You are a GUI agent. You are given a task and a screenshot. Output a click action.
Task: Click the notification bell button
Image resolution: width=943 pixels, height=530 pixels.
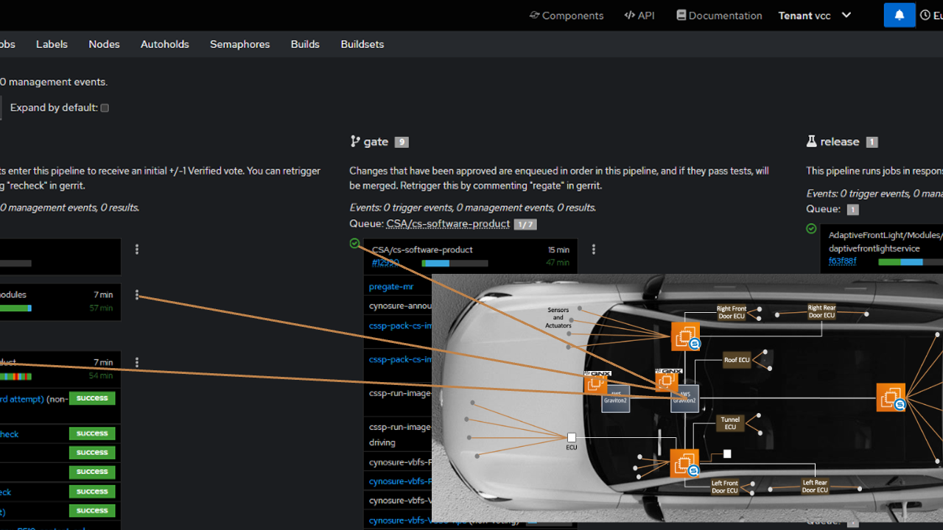[x=899, y=15]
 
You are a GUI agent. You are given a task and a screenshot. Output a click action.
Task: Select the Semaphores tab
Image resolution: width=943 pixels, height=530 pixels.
[x=239, y=44]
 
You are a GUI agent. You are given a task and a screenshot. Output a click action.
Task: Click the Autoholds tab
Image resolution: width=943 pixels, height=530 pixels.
[x=165, y=44]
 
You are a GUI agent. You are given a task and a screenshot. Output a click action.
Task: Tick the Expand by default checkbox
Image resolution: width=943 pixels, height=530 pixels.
[x=105, y=108]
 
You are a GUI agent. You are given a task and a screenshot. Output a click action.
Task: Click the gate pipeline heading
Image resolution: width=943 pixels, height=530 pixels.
[x=376, y=141]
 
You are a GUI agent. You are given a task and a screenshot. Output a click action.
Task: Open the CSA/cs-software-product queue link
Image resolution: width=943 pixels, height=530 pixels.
[x=448, y=224]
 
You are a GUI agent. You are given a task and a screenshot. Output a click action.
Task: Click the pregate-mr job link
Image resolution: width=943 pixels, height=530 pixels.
[x=391, y=286]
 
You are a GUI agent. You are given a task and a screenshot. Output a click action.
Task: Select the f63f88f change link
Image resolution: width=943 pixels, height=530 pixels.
[x=842, y=261]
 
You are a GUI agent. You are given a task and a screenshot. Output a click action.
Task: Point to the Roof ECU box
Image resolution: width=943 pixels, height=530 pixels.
[x=737, y=360]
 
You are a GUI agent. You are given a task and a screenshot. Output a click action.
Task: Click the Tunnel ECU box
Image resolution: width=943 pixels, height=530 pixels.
[x=730, y=423]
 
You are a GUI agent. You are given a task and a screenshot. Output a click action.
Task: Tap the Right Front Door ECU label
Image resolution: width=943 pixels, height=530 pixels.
[x=732, y=312]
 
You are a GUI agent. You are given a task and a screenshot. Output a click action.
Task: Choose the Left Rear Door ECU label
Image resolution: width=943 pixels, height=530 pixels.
[x=815, y=487]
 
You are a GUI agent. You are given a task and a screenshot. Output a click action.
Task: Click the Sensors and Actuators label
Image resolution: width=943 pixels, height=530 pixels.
[x=558, y=317]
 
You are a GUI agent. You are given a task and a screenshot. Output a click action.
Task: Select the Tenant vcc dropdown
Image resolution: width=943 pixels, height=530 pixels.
[x=814, y=15]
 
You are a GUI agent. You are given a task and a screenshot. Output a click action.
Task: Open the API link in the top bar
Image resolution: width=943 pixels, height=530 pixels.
[x=639, y=15]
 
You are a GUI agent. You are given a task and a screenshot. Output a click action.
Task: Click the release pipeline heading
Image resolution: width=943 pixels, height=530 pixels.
[x=839, y=141]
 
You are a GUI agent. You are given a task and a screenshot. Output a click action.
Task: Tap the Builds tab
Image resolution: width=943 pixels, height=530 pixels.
[x=305, y=44]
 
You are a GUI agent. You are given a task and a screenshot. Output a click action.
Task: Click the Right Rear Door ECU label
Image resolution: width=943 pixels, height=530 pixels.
[x=821, y=311]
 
